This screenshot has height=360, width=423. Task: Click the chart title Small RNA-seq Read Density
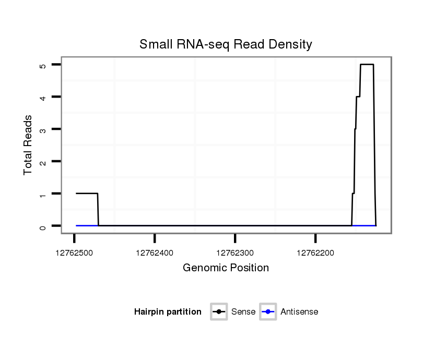coord(226,44)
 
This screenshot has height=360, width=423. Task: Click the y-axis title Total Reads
coord(28,145)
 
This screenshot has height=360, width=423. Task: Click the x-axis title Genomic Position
coord(226,268)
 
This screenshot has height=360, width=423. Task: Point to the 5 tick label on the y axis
coord(43,65)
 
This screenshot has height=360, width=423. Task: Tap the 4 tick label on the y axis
coord(43,97)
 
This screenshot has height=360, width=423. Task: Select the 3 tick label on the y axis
coord(43,129)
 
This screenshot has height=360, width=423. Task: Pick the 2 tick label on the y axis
coord(43,162)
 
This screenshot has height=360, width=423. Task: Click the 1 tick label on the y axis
coord(43,194)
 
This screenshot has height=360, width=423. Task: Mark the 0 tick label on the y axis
coord(43,226)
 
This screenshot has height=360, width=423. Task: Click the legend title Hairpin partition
coord(168,312)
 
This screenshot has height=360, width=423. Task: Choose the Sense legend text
coord(243,312)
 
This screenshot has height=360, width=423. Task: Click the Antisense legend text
coord(299,312)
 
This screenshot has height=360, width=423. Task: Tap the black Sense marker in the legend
coord(219,312)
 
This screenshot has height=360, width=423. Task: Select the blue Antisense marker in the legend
coord(268,312)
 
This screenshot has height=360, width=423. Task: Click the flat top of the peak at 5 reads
coord(367,65)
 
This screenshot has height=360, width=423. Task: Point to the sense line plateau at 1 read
coord(87,194)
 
